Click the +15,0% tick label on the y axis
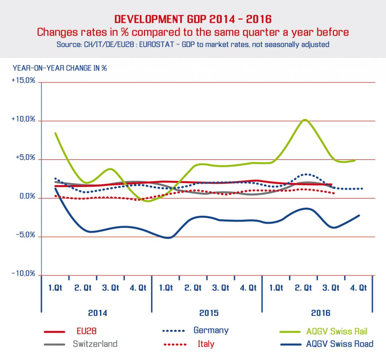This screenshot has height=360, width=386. point(23,80)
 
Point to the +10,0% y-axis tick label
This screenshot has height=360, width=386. point(23,119)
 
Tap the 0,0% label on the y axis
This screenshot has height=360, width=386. point(27,196)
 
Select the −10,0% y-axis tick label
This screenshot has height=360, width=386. point(23,274)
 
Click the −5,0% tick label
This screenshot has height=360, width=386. point(25,235)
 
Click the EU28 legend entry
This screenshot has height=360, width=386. point(87,331)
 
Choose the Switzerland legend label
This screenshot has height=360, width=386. point(95,344)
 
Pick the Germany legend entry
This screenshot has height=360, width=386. point(211,330)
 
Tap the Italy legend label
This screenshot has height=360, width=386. point(206,344)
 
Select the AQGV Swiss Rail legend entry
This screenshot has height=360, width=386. point(336,331)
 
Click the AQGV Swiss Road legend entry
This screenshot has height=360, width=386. point(340,344)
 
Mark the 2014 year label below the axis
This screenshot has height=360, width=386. point(97,313)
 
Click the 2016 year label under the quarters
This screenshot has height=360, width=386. point(321,313)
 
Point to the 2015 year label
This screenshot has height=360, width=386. point(209,313)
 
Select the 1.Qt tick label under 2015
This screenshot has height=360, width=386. point(166,288)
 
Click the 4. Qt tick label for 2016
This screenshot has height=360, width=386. point(358,288)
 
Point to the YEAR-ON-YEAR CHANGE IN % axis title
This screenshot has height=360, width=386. point(60,68)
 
